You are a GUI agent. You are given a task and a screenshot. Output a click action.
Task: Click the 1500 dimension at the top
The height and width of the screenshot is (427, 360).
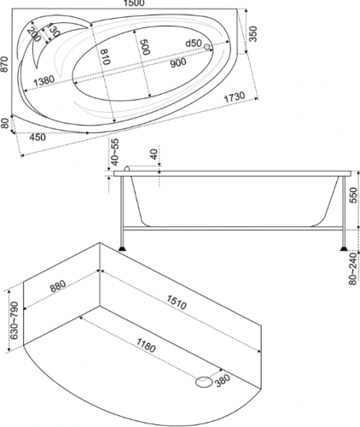(134, 3)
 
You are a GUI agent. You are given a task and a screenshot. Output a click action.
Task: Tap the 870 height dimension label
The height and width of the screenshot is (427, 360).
(4, 64)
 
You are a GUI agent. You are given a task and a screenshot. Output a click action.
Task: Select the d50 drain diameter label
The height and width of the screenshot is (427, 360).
(194, 44)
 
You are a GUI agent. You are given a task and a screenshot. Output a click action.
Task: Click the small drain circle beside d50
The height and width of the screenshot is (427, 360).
(207, 46)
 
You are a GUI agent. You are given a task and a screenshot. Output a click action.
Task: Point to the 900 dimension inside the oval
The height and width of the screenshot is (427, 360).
(178, 62)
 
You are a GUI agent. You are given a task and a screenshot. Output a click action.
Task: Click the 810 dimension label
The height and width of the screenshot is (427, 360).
(105, 56)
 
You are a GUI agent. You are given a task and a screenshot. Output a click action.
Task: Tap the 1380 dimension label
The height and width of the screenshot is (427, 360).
(44, 81)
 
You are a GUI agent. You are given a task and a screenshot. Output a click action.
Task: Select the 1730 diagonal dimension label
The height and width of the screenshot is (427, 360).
(235, 97)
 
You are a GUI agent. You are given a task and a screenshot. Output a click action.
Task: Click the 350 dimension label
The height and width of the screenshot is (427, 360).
(253, 34)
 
